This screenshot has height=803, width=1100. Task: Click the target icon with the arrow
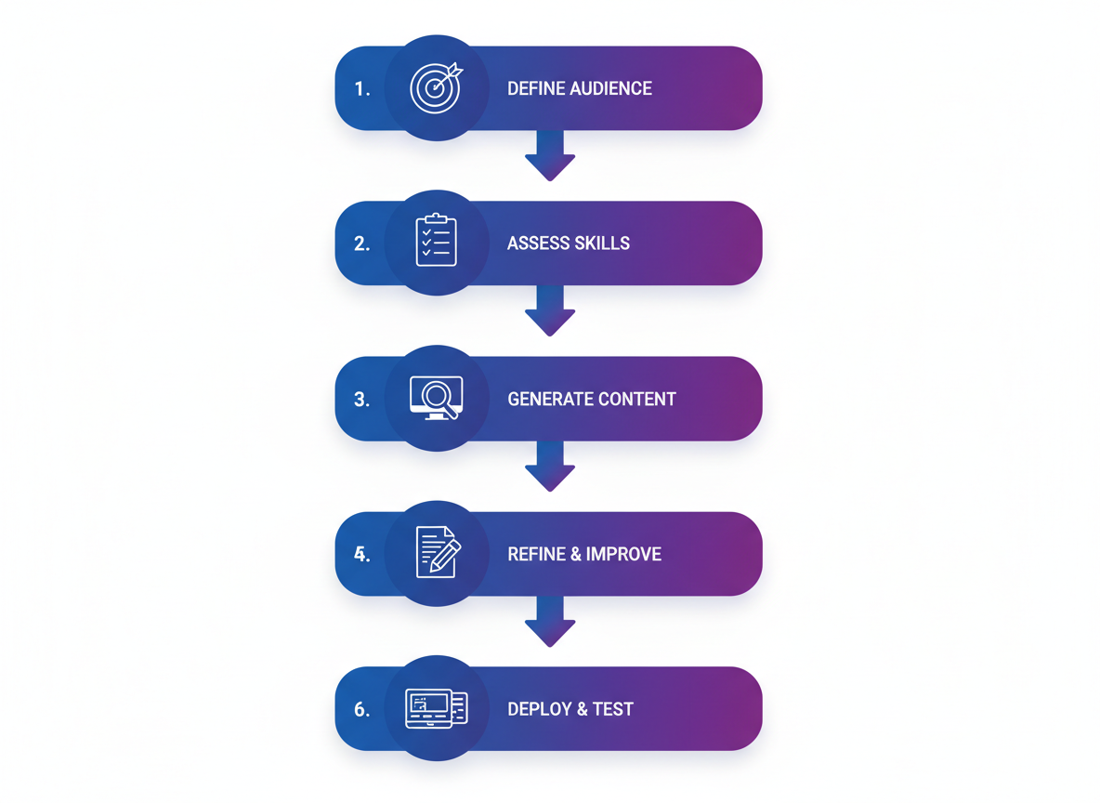tap(436, 87)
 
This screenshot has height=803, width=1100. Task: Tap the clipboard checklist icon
tap(436, 242)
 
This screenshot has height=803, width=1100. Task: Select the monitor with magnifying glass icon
tap(436, 398)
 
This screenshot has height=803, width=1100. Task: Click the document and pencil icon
tap(437, 552)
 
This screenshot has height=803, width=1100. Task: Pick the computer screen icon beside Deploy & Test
tap(436, 708)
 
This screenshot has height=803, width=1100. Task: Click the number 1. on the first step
tap(362, 89)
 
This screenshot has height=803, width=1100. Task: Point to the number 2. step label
tap(362, 244)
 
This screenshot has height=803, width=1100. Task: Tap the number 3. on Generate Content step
tap(362, 400)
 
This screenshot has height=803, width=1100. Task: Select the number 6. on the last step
tap(362, 710)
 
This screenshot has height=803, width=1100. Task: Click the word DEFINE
tap(531, 89)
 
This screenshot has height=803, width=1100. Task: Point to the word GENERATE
tap(548, 400)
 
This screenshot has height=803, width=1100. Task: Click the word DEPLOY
tap(535, 710)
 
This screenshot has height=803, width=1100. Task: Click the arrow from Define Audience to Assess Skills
tap(550, 156)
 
